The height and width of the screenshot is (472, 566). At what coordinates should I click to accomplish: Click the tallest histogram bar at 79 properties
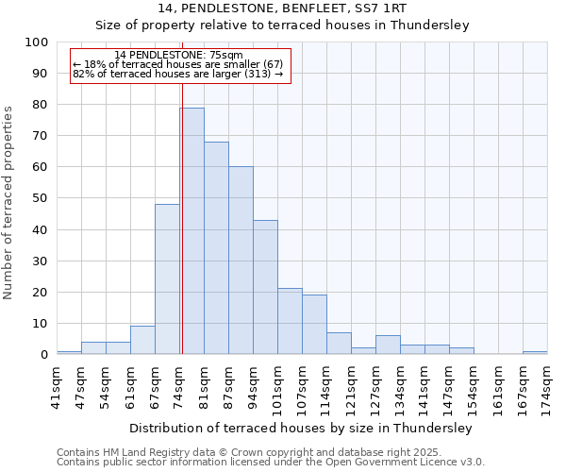191,231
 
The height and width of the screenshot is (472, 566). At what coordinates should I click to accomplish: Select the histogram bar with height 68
216,248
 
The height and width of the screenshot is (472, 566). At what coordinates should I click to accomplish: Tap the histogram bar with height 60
241,261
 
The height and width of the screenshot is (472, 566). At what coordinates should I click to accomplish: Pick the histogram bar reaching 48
167,279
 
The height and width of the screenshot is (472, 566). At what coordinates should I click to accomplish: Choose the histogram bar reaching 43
265,287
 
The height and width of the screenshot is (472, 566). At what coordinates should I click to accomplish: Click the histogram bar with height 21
290,321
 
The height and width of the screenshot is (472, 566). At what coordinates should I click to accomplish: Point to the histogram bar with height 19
314,325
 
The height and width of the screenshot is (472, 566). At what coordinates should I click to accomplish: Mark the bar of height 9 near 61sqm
142,340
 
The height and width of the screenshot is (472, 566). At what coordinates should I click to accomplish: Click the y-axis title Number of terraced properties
8,203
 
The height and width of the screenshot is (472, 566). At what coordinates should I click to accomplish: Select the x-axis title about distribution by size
300,429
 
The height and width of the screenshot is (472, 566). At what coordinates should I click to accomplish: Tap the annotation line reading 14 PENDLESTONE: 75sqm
178,55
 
